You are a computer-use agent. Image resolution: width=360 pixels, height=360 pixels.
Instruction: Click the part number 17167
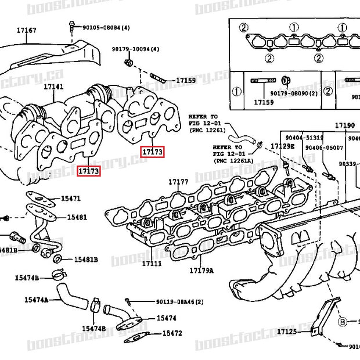pos(26,30)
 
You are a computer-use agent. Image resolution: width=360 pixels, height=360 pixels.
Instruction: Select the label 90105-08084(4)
pos(106,27)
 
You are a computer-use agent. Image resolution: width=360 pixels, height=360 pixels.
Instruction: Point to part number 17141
pos(53,87)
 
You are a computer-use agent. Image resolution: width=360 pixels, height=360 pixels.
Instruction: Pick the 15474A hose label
pos(36,300)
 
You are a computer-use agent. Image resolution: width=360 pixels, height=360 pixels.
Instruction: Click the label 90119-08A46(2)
pos(179,302)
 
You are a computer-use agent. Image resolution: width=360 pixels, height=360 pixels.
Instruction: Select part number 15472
pos(172,333)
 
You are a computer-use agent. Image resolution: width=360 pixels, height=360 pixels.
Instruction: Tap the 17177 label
pos(179,182)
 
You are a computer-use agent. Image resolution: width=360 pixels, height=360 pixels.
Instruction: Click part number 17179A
pos(201,271)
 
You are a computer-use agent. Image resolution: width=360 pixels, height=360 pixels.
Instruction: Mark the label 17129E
pos(283,146)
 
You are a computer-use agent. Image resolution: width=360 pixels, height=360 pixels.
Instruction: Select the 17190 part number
pos(344,125)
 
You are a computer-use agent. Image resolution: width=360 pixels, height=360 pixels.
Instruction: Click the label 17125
pos(287,332)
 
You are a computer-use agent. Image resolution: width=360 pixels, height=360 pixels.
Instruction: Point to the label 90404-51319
pos(304,137)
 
